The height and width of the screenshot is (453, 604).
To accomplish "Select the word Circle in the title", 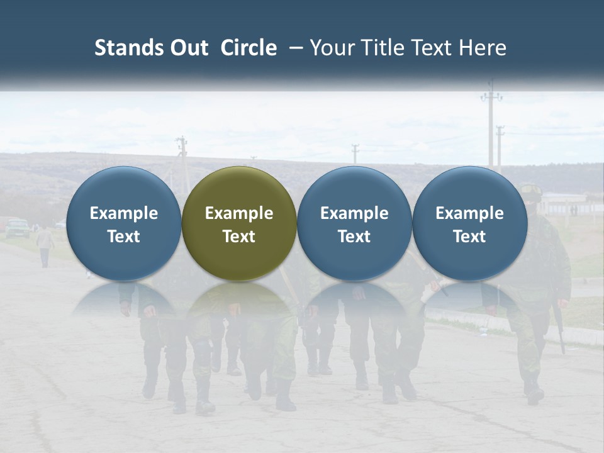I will point(249,48).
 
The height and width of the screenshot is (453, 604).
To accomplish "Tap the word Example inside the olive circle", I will point(239,213).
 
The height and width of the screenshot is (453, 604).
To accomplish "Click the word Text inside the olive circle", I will point(239,237).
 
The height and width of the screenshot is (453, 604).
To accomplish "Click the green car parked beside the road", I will point(18,227).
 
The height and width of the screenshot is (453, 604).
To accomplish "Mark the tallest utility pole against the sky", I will point(491,126).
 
